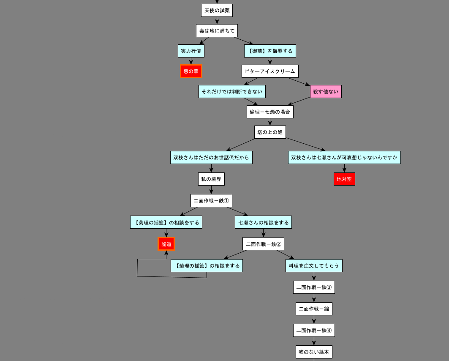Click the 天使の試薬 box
click(x=217, y=11)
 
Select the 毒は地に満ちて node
click(x=217, y=31)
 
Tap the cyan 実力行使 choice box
click(x=191, y=51)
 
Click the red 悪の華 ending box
click(x=191, y=71)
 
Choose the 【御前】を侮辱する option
click(x=270, y=51)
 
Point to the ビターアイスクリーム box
click(x=270, y=71)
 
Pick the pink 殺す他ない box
click(x=326, y=92)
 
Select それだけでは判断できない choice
click(x=232, y=92)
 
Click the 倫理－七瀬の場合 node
click(x=270, y=112)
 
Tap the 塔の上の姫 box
click(x=270, y=132)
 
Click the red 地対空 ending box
click(x=344, y=179)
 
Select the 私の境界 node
click(x=211, y=179)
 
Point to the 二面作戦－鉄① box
click(x=211, y=201)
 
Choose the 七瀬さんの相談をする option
click(x=263, y=222)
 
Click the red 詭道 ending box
click(x=166, y=244)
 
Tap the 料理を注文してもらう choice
click(x=314, y=266)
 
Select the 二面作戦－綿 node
click(x=314, y=309)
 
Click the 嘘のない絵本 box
click(x=314, y=352)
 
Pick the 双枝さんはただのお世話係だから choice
click(x=211, y=158)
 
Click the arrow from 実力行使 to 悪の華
click(x=191, y=61)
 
